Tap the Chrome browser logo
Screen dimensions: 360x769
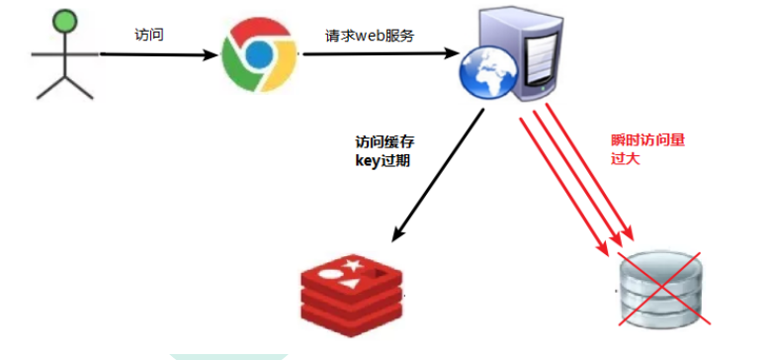(x=259, y=55)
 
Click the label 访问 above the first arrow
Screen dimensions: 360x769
(x=149, y=34)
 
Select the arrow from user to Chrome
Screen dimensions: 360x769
(x=158, y=55)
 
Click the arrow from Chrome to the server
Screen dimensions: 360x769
(x=376, y=55)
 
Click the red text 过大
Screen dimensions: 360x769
(x=626, y=158)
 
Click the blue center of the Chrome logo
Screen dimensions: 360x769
(x=259, y=56)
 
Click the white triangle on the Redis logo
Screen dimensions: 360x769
(x=352, y=285)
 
